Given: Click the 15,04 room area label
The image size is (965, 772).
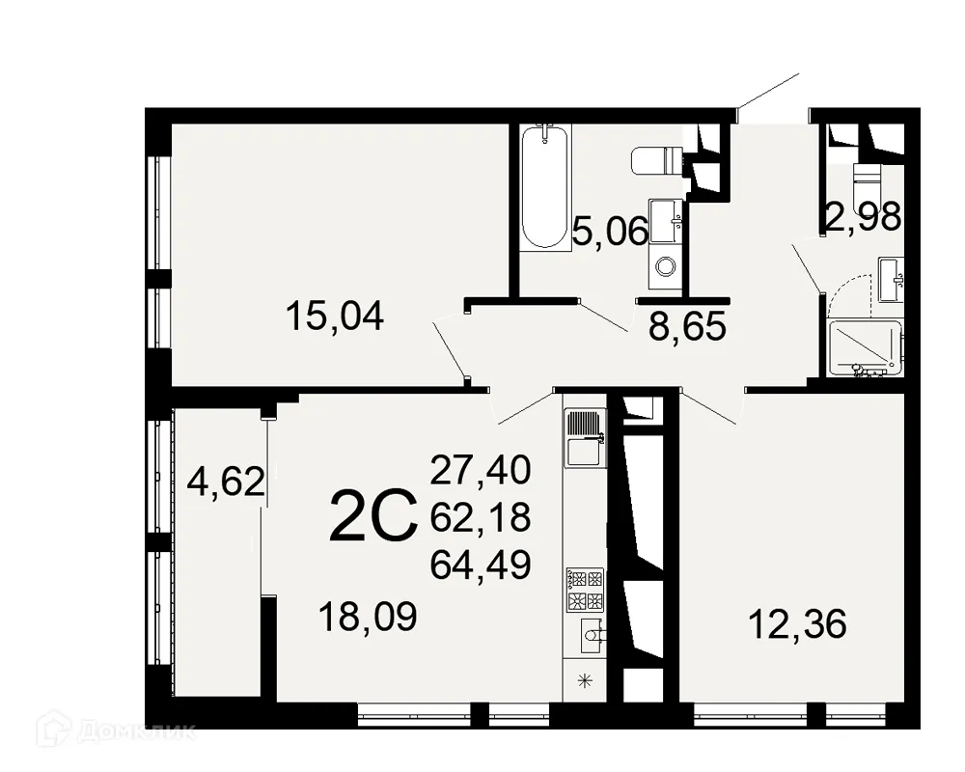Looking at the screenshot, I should (335, 316).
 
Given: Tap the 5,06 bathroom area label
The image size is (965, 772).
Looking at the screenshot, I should (609, 232).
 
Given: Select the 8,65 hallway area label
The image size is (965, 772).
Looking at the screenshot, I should (687, 328).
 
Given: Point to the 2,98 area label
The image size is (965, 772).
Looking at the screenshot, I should (863, 216).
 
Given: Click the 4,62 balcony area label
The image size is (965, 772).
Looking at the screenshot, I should (226, 481).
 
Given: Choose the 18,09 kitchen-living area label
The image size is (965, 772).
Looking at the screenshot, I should (368, 616).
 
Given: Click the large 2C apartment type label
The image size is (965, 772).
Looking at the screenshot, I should (372, 517).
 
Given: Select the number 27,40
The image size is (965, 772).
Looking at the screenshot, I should (481, 471).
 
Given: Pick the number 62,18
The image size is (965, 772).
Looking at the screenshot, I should (481, 518).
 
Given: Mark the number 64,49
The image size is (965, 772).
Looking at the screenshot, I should (481, 565).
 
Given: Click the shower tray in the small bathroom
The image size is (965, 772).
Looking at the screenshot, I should (865, 347).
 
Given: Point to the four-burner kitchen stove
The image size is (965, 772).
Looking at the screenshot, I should (585, 590).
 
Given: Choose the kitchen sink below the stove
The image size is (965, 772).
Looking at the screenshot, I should (591, 635).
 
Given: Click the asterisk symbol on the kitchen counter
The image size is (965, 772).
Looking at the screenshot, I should (584, 682).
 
